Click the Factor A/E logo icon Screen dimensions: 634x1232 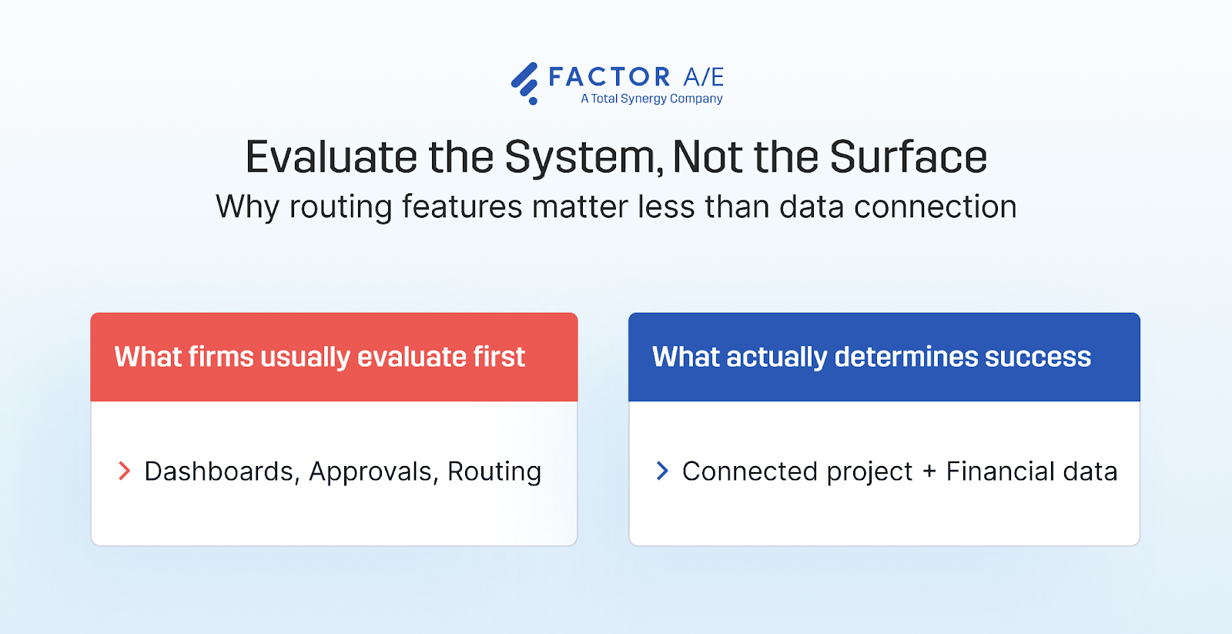(x=525, y=82)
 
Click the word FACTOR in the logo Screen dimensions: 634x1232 (x=609, y=77)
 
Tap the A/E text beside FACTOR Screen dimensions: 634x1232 (x=704, y=77)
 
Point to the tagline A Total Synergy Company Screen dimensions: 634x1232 (x=651, y=99)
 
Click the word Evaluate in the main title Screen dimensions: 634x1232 (x=331, y=157)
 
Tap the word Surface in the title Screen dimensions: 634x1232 (x=908, y=157)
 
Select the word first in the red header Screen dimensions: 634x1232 (x=499, y=357)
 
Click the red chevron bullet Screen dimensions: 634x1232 (x=124, y=471)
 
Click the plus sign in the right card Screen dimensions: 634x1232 (x=929, y=471)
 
